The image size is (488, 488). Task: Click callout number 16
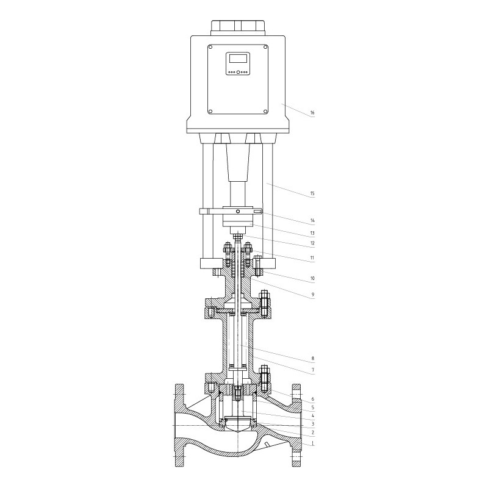pos(312,113)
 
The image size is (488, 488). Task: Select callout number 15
pos(312,193)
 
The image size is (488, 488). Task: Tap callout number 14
pos(312,220)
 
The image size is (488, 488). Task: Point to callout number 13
pos(312,233)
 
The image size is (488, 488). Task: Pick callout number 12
pos(312,243)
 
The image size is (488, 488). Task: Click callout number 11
pos(312,257)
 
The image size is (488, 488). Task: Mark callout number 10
pos(312,278)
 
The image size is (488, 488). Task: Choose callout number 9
pos(313,295)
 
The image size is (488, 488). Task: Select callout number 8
pos(313,358)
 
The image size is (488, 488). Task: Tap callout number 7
pos(313,370)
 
